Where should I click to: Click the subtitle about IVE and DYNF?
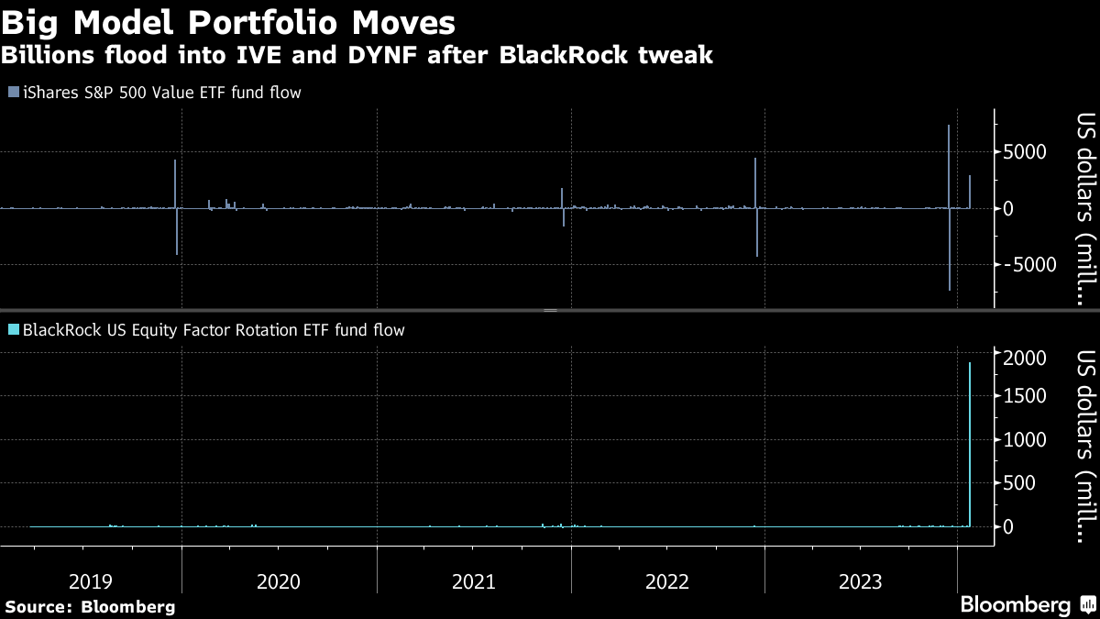tap(357, 56)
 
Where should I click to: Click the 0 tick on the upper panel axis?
tap(1008, 208)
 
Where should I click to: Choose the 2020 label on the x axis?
tap(279, 581)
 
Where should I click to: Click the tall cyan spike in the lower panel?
tap(970, 440)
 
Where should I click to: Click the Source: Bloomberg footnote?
tap(90, 606)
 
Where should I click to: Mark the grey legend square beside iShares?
tap(12, 93)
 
